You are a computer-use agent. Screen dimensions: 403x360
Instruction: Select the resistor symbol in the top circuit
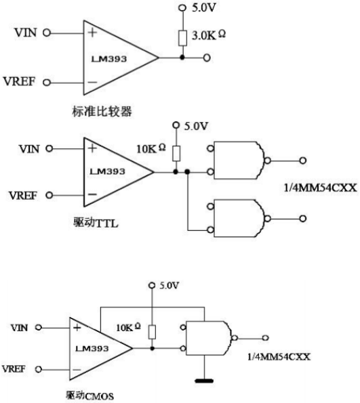tap(182, 37)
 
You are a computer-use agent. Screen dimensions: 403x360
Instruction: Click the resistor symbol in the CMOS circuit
tap(153, 331)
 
